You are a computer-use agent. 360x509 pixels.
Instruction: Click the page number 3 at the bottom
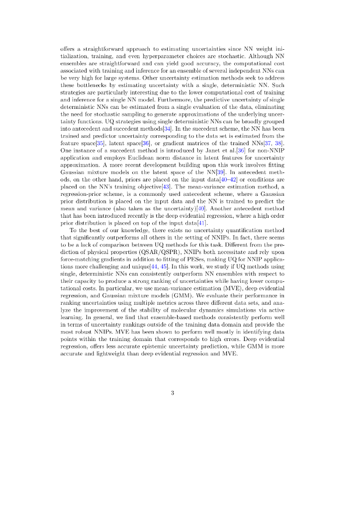(172, 393)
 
